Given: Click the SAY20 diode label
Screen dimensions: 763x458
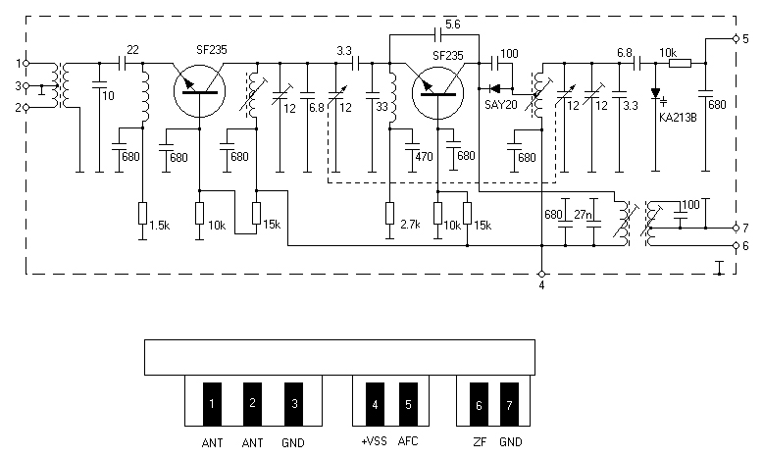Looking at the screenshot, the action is pos(500,105).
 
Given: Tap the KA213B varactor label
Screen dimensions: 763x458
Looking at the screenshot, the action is pos(678,118).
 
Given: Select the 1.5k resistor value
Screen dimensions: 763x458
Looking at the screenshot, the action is pos(159,226).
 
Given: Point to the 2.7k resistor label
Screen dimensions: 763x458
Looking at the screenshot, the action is pos(410,225).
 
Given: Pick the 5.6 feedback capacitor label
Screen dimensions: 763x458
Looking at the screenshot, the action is pos(452,25).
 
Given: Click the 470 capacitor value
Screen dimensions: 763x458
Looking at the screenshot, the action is pos(424,157).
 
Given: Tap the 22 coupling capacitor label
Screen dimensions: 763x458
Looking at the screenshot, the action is pos(132,50).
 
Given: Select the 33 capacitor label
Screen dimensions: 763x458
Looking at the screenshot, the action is pos(381,106).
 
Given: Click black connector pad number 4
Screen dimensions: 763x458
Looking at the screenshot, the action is pos(375,404).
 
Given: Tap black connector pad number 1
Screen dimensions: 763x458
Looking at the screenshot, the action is pos(212,404).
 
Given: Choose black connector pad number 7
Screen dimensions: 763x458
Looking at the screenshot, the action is pos(509,404).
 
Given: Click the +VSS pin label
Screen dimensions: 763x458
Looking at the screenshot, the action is pos(374,441).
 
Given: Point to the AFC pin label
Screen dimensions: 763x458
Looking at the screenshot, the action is pos(408,441).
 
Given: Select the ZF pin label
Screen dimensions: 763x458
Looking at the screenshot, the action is pos(480,442).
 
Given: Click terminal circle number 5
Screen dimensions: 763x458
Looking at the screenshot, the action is pos(736,38).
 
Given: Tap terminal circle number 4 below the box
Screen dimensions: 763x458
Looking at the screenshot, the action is pos(541,274).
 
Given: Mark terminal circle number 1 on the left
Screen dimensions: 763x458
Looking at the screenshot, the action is pos(26,64).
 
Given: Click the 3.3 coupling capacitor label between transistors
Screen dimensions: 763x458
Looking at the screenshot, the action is pos(344,51).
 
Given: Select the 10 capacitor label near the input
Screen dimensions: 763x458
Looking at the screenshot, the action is pos(108,96).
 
